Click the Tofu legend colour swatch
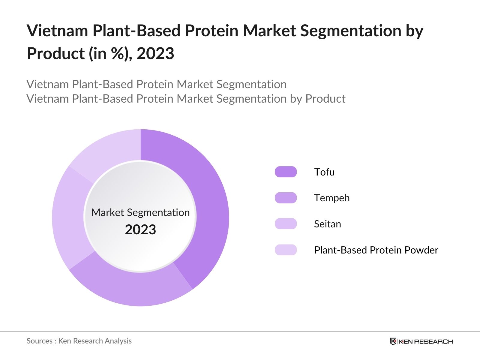286,172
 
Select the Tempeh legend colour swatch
286,198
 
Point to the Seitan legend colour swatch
286,224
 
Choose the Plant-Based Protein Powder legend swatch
286,250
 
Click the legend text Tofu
324,172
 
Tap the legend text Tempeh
332,198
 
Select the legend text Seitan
327,224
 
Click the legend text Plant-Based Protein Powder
376,250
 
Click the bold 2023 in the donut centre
140,230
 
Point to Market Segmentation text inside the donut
140,212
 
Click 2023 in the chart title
155,54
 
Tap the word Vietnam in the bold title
57,31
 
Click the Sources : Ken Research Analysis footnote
79,341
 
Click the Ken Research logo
421,341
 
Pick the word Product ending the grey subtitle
325,99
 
